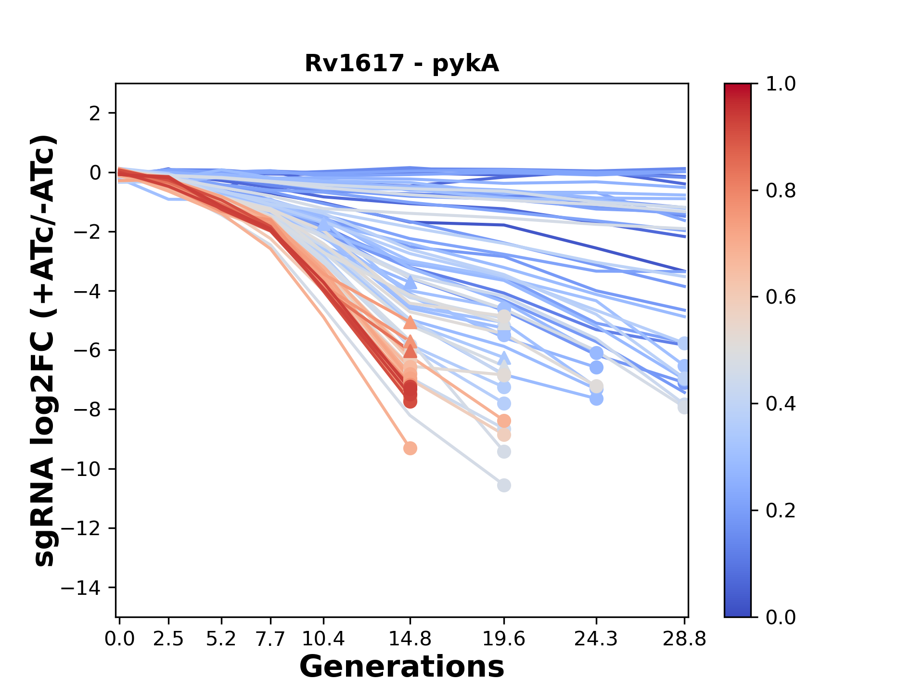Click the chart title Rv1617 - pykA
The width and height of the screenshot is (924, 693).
[x=401, y=63]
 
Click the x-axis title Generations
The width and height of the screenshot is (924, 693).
[x=401, y=667]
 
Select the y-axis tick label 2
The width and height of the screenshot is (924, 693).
[x=95, y=114]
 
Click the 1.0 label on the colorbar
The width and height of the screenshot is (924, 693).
[x=781, y=84]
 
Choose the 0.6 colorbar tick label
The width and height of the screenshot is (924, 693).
[x=781, y=297]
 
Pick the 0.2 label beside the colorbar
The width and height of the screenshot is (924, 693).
[x=781, y=511]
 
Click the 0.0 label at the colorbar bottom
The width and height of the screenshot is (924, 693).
[x=781, y=617]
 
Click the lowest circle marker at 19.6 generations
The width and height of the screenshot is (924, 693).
[x=504, y=486]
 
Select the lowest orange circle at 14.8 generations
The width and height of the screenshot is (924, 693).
[x=410, y=449]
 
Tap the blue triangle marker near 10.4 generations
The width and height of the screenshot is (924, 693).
[x=325, y=224]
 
